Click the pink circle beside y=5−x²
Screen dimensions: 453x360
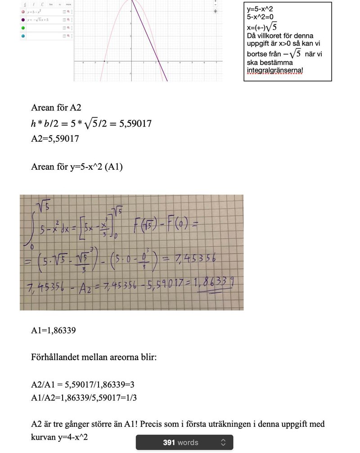pyautogui.click(x=23, y=11)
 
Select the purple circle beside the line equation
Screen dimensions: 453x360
pyautogui.click(x=23, y=20)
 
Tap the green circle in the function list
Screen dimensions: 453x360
pyautogui.click(x=23, y=28)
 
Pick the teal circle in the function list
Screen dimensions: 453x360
pyautogui.click(x=23, y=36)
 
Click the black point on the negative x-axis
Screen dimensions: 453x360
pyautogui.click(x=104, y=61)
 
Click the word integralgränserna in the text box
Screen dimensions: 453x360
pyautogui.click(x=275, y=71)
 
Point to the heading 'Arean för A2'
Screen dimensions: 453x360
pyautogui.click(x=56, y=108)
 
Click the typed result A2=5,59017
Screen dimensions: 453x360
pyautogui.click(x=55, y=139)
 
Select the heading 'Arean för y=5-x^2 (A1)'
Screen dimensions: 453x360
pyautogui.click(x=76, y=167)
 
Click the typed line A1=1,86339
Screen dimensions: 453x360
pyautogui.click(x=53, y=331)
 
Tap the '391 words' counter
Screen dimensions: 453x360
pyautogui.click(x=180, y=443)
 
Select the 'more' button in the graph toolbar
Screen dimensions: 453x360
pyautogui.click(x=68, y=4)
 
